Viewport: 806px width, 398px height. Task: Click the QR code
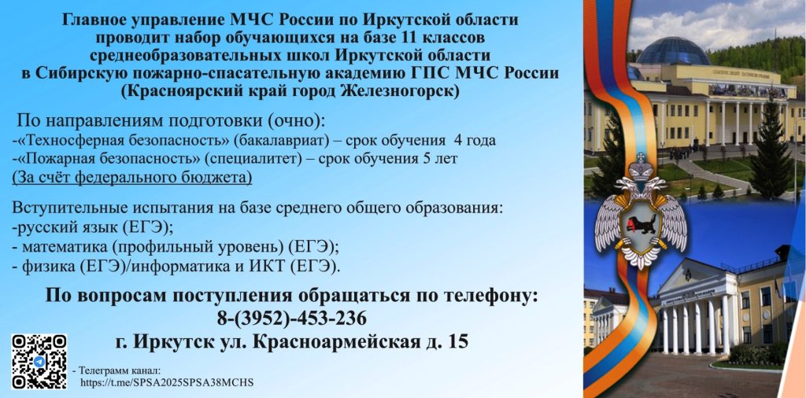coord(39,361)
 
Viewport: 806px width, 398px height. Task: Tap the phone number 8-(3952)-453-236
coord(292,318)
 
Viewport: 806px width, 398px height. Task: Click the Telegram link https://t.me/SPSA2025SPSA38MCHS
coord(168,383)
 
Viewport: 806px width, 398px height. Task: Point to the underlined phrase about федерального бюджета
coord(132,177)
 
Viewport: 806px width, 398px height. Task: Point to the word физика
coord(45,266)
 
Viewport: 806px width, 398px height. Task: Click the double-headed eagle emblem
coord(641,211)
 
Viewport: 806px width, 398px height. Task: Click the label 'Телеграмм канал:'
coord(120,370)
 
